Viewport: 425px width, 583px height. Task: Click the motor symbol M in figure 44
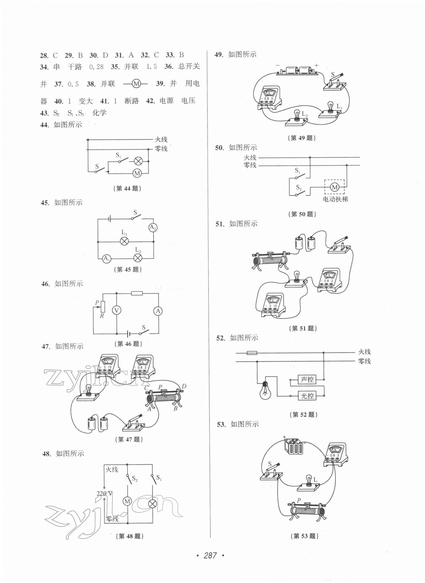pyautogui.click(x=137, y=173)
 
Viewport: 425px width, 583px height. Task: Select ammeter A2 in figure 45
pyautogui.click(x=153, y=227)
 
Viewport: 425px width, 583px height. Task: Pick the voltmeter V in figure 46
pyautogui.click(x=116, y=311)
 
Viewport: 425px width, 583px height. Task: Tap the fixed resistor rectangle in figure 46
pyautogui.click(x=137, y=293)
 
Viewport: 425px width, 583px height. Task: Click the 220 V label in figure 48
pyautogui.click(x=104, y=494)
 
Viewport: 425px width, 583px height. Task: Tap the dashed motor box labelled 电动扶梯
pyautogui.click(x=334, y=187)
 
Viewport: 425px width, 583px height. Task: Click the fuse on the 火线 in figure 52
pyautogui.click(x=252, y=353)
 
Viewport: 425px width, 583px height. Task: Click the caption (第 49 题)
pyautogui.click(x=301, y=138)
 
